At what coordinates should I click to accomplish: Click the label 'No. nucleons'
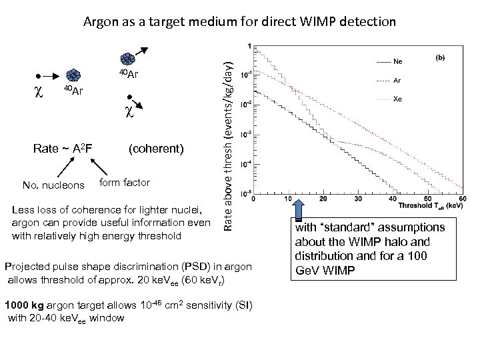point(53,185)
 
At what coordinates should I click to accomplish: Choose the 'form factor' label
point(125,182)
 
